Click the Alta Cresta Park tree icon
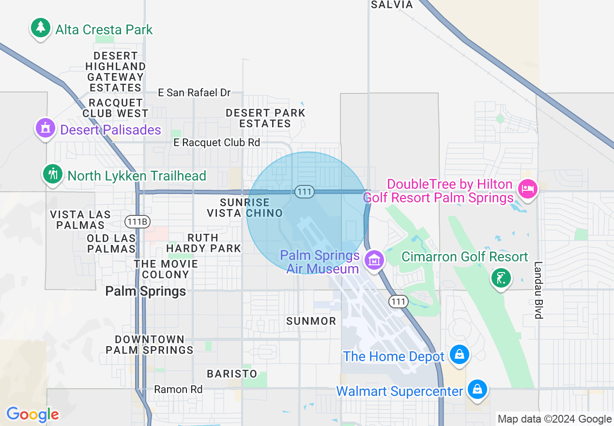(41, 28)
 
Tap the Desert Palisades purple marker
(45, 129)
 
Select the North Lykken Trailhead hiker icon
(53, 174)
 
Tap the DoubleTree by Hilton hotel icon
(527, 189)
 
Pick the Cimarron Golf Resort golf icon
(501, 278)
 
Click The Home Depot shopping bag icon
(459, 355)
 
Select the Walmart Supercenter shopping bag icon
(477, 389)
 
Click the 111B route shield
(138, 222)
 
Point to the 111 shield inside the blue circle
(304, 192)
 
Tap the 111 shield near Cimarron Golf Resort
(398, 302)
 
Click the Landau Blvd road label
(538, 290)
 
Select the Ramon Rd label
(178, 389)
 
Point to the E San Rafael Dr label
(194, 92)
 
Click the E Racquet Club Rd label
(217, 142)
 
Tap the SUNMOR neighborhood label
(311, 321)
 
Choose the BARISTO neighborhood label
(232, 374)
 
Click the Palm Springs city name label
(146, 291)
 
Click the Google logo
(32, 414)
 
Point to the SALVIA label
(392, 5)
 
